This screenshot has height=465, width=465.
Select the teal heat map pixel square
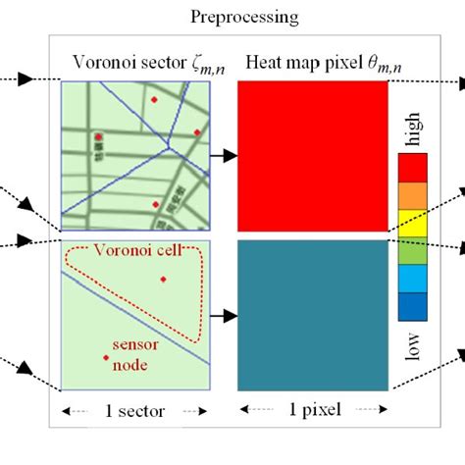(313, 316)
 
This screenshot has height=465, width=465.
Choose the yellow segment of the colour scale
(412, 228)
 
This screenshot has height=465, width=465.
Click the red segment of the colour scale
(412, 170)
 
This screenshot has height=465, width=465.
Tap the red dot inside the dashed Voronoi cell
(164, 280)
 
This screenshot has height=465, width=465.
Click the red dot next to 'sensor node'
(106, 359)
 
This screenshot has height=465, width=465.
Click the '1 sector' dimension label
(134, 410)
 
